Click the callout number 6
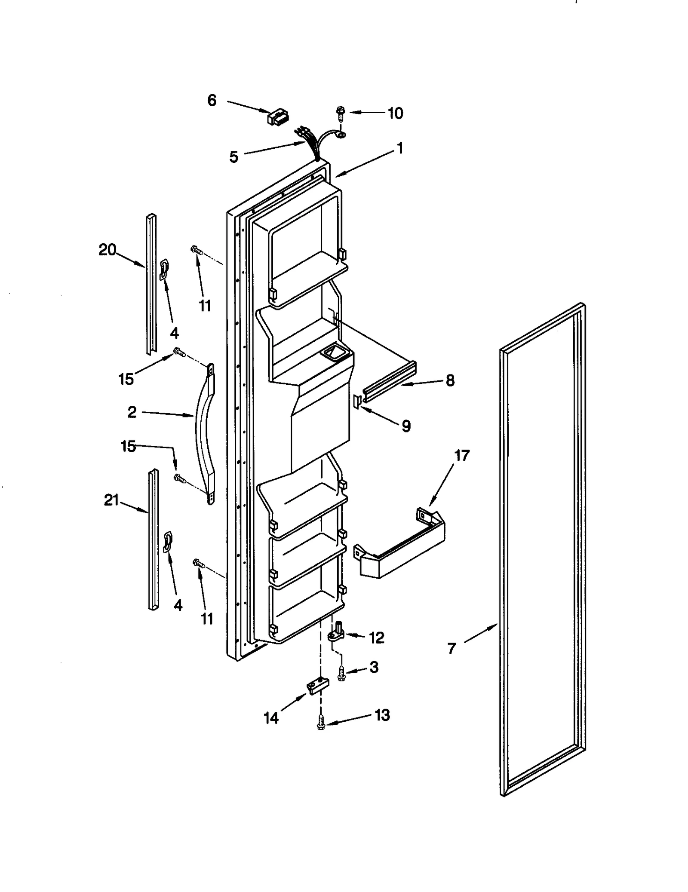[x=212, y=101]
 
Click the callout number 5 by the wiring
[x=233, y=157]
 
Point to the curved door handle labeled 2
[x=201, y=430]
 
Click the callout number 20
[x=107, y=250]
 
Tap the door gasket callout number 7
[x=451, y=648]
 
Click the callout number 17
[x=462, y=455]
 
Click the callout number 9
[x=406, y=426]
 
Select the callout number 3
[x=374, y=667]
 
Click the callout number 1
[x=400, y=149]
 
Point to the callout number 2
[x=132, y=412]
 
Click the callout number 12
[x=377, y=638]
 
